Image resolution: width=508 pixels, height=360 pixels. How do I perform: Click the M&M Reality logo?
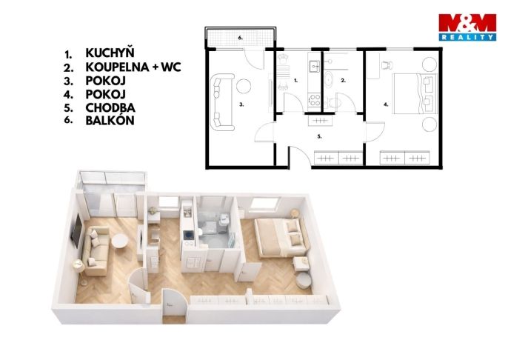tap(467, 27)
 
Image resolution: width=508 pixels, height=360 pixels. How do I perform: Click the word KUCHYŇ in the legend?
tap(110, 53)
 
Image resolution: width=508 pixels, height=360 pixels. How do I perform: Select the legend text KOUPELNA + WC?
tap(133, 67)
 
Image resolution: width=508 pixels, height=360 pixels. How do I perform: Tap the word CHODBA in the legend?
tap(110, 107)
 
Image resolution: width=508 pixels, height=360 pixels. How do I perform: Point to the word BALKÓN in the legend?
tap(110, 121)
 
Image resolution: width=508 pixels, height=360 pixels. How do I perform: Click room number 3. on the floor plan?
tap(241, 104)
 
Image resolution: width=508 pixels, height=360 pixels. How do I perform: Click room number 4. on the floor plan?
tap(386, 104)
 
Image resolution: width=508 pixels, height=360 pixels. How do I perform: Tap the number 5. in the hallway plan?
tap(319, 137)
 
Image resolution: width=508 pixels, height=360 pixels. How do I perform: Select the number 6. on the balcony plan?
tap(241, 38)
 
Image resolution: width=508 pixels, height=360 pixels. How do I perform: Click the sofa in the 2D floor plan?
tap(222, 102)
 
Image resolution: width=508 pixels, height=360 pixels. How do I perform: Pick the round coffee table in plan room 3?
tap(244, 85)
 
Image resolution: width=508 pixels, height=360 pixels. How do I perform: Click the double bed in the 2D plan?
tap(415, 93)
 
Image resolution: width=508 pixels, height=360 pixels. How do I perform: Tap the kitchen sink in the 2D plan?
tap(314, 67)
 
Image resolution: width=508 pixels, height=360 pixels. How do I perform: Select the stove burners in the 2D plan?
tap(315, 100)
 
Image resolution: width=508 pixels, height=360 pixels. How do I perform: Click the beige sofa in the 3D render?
tap(96, 251)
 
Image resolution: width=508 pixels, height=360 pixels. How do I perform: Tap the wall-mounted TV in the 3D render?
tap(77, 230)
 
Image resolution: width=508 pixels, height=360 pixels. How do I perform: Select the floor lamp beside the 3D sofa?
tap(79, 272)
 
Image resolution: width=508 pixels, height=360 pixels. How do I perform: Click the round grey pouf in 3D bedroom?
tap(304, 280)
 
